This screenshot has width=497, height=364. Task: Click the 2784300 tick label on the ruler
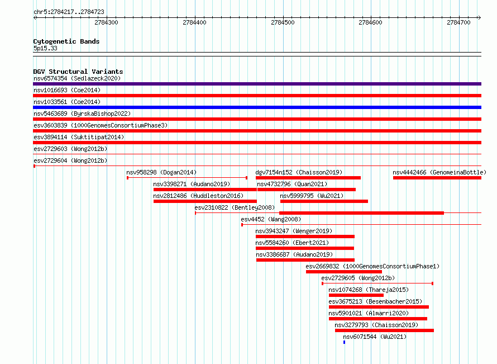[x=106, y=22]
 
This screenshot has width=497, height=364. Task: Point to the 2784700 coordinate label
[x=458, y=22]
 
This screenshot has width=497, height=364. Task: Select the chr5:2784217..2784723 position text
[x=69, y=12]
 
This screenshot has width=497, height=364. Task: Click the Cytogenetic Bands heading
[x=66, y=41]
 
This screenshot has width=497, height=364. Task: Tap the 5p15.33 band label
[x=45, y=48]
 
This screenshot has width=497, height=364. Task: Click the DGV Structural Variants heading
[x=78, y=72]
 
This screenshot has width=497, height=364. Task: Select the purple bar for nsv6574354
[x=257, y=84]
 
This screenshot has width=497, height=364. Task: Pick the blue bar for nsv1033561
[x=257, y=107]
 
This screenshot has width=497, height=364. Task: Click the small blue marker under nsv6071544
[x=344, y=342]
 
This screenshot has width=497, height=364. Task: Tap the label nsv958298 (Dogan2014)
[x=161, y=172]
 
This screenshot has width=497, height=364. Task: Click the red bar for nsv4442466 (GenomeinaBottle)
[x=437, y=178]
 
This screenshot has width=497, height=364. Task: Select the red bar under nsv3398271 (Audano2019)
[x=205, y=190]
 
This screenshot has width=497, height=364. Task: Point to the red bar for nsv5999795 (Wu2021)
[x=324, y=201]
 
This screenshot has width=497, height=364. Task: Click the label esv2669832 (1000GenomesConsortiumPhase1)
[x=372, y=266]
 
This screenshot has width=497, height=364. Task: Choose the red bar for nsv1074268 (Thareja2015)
[x=356, y=295]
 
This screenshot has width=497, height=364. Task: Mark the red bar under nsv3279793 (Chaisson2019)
[x=384, y=330]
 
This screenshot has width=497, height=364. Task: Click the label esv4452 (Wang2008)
[x=271, y=219]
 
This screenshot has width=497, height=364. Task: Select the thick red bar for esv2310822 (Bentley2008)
[x=361, y=213]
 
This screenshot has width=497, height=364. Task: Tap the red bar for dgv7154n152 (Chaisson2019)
[x=308, y=178]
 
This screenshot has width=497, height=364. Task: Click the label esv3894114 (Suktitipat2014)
[x=79, y=137]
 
